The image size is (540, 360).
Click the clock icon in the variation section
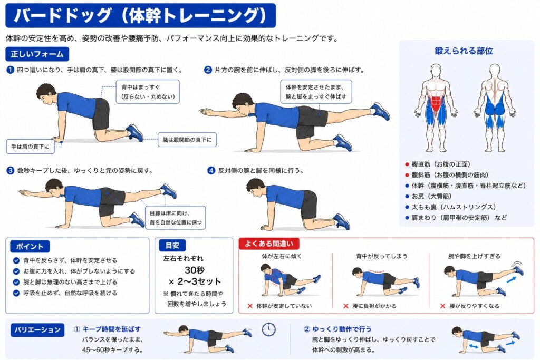[268, 329]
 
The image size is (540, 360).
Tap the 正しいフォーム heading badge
[37, 54]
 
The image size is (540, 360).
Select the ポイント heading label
[30, 247]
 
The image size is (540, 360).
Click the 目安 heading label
[172, 246]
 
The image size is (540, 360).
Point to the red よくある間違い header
[269, 244]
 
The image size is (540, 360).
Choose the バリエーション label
[37, 330]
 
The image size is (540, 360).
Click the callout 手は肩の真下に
[30, 147]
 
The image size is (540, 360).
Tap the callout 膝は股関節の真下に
[187, 140]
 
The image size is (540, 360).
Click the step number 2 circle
[208, 70]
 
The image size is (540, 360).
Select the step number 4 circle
[211, 170]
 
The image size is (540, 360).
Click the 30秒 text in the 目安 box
[195, 270]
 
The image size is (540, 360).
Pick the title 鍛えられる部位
[464, 51]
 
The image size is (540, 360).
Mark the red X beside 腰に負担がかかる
[346, 306]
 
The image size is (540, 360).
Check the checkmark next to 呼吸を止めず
[16, 293]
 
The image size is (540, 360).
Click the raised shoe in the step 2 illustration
[380, 111]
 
